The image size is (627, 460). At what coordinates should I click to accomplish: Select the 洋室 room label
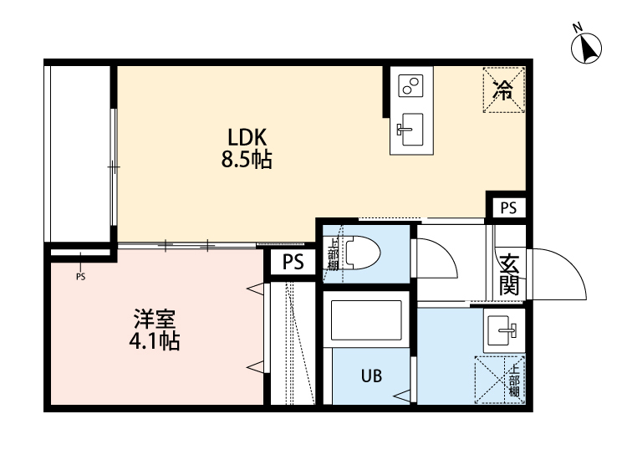tap(155, 320)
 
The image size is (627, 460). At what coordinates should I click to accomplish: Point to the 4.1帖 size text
tap(155, 342)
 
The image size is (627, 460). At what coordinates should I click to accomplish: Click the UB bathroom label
tap(372, 376)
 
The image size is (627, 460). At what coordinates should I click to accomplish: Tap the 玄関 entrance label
tap(510, 274)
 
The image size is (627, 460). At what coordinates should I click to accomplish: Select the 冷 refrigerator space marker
tap(504, 89)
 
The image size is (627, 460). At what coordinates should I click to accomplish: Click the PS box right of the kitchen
tap(507, 207)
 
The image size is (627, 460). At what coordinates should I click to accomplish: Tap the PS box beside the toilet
tap(293, 263)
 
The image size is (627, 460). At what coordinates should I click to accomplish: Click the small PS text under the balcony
tap(80, 277)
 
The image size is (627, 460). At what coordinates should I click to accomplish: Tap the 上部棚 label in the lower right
tap(515, 379)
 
